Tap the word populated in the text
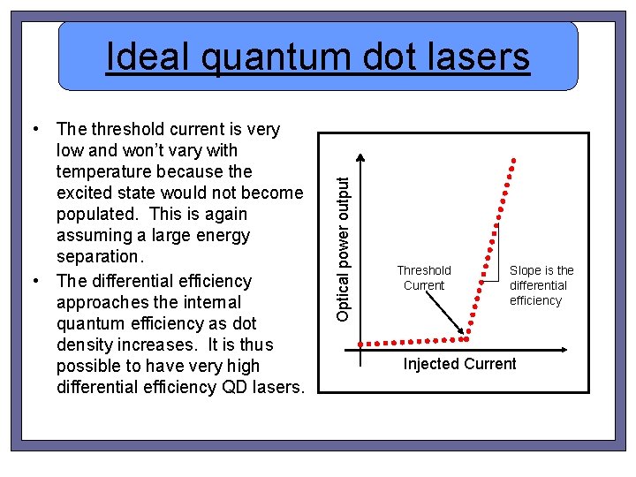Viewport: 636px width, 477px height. coord(95,214)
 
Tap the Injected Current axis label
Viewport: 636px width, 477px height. coord(459,364)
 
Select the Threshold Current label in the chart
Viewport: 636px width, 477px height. coord(424,277)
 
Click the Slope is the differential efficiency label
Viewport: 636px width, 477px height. coord(541,285)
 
